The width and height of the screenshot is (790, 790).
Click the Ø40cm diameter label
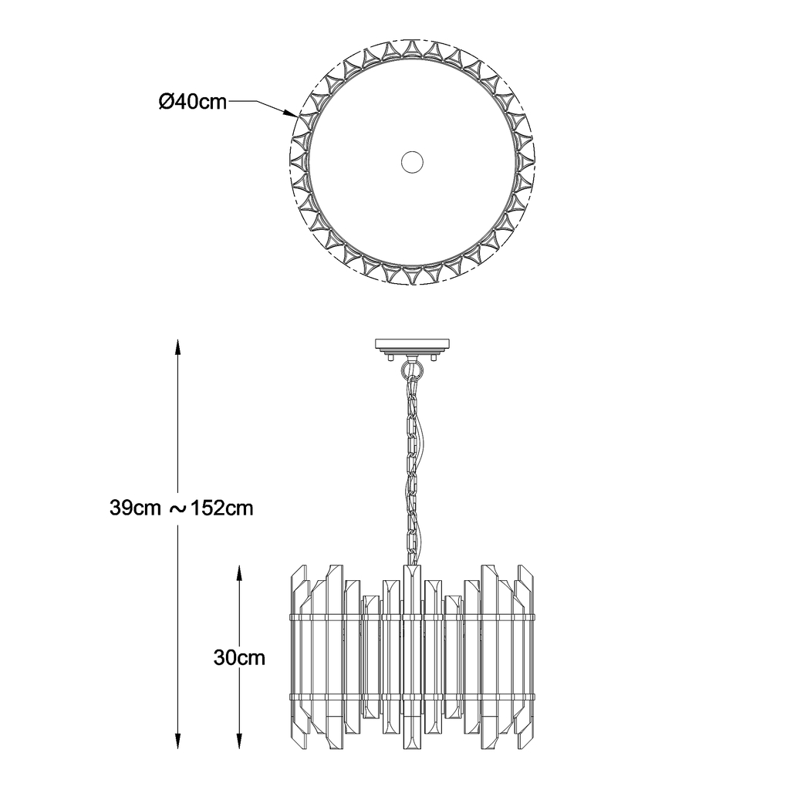point(192,102)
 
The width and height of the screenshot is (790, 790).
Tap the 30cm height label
point(239,657)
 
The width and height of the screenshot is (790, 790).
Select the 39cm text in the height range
point(135,508)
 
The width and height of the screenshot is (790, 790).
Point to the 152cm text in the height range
point(221,508)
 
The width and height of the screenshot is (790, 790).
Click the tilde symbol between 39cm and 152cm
point(177,509)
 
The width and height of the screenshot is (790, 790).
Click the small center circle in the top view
point(412,162)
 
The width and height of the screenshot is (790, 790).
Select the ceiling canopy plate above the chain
point(412,345)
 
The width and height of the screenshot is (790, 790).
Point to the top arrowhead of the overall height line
point(177,349)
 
